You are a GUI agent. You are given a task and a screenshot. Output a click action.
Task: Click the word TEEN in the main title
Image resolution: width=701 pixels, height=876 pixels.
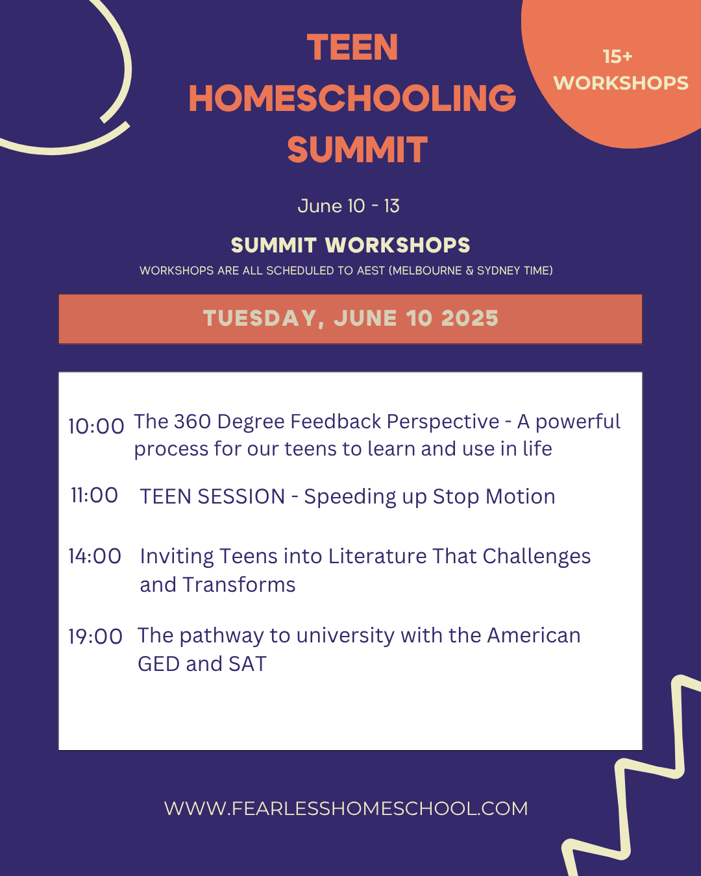tap(352, 47)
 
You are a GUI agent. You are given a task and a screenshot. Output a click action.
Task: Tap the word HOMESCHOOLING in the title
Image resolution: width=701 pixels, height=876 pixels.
tap(352, 98)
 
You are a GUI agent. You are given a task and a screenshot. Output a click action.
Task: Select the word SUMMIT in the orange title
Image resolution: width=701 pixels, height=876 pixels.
tap(357, 149)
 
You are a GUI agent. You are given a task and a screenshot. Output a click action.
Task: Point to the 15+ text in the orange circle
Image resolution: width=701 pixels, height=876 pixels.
tap(617, 57)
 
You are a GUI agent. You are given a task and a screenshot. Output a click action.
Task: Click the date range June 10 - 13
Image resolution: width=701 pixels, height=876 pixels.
tap(349, 206)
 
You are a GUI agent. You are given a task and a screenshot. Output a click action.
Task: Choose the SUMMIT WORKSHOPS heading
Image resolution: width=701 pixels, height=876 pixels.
tap(350, 245)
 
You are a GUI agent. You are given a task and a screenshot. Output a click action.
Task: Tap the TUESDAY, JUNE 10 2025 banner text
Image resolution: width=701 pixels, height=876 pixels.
tap(350, 319)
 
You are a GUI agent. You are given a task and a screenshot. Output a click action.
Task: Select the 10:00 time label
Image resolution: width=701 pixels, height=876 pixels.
tap(96, 426)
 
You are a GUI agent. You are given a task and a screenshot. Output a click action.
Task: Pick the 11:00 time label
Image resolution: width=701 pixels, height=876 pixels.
tap(95, 495)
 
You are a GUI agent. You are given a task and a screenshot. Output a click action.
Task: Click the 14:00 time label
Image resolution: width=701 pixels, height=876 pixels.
tap(95, 556)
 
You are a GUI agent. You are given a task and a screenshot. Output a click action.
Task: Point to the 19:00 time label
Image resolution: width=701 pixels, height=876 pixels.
tap(95, 637)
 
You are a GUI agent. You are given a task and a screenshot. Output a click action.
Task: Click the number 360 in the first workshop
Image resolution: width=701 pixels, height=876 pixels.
tap(193, 421)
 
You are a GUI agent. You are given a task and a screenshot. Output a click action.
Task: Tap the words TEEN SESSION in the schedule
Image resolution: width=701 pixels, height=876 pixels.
tap(212, 496)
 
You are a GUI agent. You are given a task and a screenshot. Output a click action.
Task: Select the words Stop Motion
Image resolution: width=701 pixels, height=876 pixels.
tap(494, 497)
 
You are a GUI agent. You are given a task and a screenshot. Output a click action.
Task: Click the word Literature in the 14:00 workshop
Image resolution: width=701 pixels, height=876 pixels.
tap(378, 557)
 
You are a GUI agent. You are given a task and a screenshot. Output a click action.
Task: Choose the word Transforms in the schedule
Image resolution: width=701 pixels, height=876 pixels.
tap(239, 585)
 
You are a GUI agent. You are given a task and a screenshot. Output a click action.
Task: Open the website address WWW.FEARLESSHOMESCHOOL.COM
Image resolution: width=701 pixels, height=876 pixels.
tap(346, 809)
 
